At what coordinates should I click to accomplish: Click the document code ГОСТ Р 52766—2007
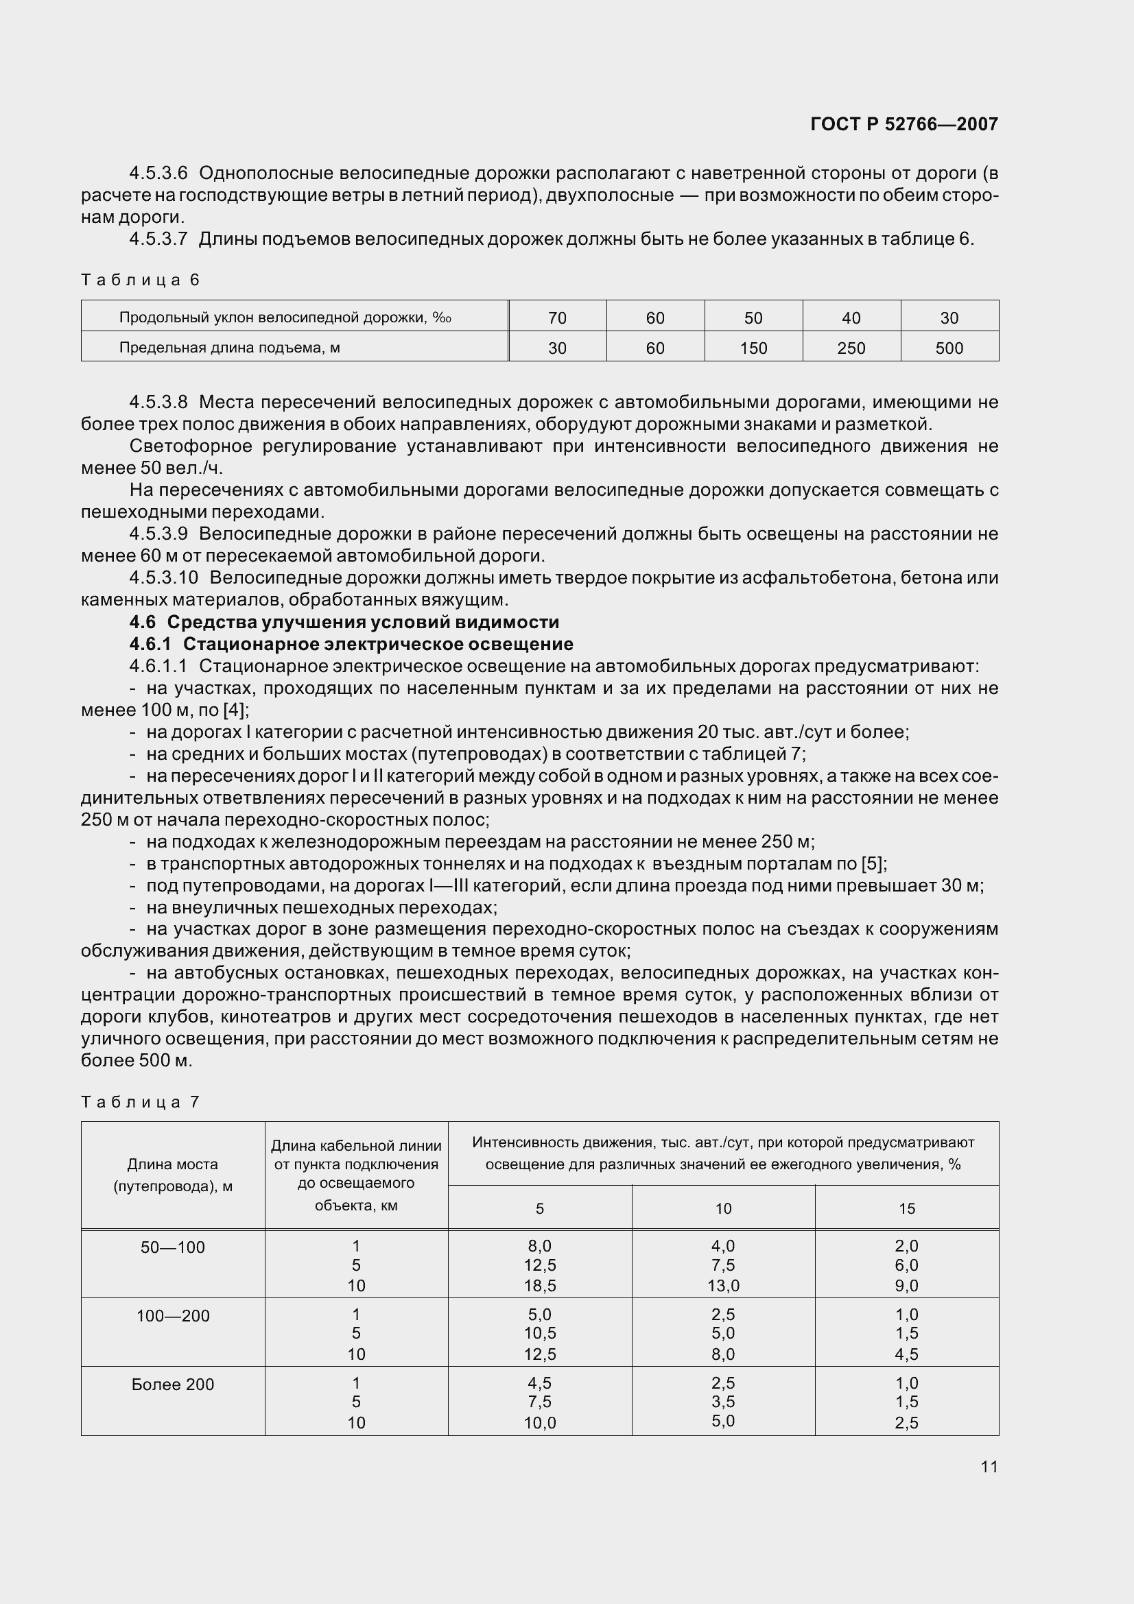coord(903,124)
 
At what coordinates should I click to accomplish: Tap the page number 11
coord(989,1466)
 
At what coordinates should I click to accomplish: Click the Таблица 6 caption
coord(141,280)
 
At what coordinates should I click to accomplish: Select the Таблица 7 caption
coord(141,1103)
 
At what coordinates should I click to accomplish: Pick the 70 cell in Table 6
coord(557,319)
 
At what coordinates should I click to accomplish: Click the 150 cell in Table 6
coord(753,348)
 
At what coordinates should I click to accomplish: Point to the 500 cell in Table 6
coord(949,348)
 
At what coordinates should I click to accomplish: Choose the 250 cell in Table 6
coord(851,348)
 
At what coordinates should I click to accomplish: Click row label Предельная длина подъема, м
coord(229,348)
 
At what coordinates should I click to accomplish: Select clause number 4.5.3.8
coord(158,403)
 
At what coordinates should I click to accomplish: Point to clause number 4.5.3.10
coord(163,577)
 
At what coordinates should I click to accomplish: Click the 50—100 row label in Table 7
coord(173,1247)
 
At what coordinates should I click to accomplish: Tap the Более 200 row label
coord(173,1385)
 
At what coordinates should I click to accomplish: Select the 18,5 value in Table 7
coord(539,1285)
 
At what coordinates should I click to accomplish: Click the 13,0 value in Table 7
coord(723,1285)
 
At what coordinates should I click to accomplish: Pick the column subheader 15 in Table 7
coord(906,1208)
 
